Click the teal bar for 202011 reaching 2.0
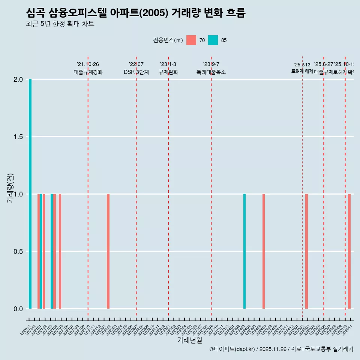[30, 194]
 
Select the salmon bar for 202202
[108, 251]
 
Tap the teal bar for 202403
[244, 251]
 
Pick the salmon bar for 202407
[264, 251]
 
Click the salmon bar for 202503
[306, 251]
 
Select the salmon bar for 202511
[349, 251]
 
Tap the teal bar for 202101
[41, 251]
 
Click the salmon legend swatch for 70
[191, 40]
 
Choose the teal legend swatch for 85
[213, 40]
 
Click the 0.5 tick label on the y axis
[18, 252]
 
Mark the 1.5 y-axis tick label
[18, 137]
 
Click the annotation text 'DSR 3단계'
[136, 72]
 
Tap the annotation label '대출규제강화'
[88, 72]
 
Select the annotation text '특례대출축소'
[211, 72]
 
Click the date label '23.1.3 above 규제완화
[168, 64]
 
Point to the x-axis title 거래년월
[189, 340]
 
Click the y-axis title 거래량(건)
[10, 188]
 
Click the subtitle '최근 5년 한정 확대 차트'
[60, 24]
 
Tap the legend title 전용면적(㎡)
[168, 40]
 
